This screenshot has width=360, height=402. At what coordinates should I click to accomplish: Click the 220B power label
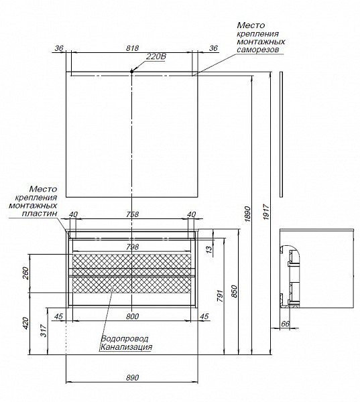coord(156,56)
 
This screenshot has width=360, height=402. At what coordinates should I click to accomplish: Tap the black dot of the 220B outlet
coord(132,72)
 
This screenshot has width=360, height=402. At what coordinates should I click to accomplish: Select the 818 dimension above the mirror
coord(132,48)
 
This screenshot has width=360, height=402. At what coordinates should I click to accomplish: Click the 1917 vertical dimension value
coord(266,212)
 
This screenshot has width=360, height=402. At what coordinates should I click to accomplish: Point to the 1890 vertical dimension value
coord(247,214)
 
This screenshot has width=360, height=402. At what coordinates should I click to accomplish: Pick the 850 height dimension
coord(234,291)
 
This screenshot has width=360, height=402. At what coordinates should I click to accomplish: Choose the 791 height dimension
coord(220,295)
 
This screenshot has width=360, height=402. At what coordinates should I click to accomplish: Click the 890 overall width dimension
coord(132,377)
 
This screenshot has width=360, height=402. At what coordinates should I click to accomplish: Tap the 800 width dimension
coord(132,316)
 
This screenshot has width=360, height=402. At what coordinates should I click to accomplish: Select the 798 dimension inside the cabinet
coord(132,247)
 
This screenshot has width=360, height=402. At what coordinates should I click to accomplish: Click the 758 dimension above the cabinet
coord(132,214)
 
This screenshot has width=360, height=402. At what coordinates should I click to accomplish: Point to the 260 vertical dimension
coord(25,273)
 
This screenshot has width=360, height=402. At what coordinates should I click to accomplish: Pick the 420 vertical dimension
coord(25,324)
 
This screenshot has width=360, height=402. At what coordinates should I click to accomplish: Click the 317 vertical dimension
coord(44,331)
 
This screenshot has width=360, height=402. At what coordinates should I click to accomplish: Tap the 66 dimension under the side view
coord(285,324)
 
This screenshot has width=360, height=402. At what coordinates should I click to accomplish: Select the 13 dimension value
coord(209,249)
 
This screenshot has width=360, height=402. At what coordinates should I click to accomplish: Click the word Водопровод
coord(125,338)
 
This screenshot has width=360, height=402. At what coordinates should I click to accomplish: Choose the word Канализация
coord(126,347)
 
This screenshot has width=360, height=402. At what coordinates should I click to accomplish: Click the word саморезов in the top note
coord(257,49)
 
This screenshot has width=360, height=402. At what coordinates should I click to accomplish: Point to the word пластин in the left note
coord(40,213)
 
